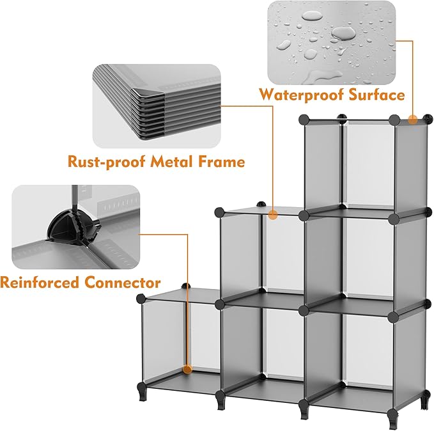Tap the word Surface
click(x=376, y=95)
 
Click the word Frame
click(x=221, y=162)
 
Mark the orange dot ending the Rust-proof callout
click(x=273, y=215)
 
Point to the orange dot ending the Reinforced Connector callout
click(x=187, y=369)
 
